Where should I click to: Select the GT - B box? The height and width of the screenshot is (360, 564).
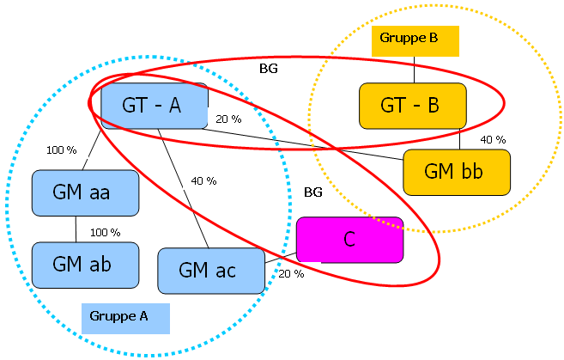pyautogui.click(x=412, y=106)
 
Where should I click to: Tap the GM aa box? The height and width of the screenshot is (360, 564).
pyautogui.click(x=85, y=192)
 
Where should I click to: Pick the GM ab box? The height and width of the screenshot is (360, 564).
pyautogui.click(x=85, y=264)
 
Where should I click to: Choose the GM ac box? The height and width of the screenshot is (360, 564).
pyautogui.click(x=211, y=271)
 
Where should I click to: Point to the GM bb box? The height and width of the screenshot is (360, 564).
pyautogui.click(x=456, y=171)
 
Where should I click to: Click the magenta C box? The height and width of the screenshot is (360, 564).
pyautogui.click(x=349, y=239)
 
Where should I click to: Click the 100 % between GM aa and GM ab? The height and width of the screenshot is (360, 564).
pyautogui.click(x=105, y=232)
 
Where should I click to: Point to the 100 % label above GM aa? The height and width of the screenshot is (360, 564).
pyautogui.click(x=61, y=150)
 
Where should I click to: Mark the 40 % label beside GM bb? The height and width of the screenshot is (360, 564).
pyautogui.click(x=493, y=139)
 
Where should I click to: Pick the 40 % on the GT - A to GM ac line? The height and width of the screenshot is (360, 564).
pyautogui.click(x=203, y=180)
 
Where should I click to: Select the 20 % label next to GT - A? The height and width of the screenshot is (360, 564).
pyautogui.click(x=228, y=119)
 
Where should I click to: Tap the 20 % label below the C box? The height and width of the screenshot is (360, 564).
pyautogui.click(x=291, y=274)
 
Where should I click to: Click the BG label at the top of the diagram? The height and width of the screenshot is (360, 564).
pyautogui.click(x=269, y=65)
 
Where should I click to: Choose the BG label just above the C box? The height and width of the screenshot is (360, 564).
pyautogui.click(x=313, y=193)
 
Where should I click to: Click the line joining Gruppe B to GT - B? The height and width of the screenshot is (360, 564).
pyautogui.click(x=415, y=69)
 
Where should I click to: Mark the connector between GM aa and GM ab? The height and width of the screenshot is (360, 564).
pyautogui.click(x=76, y=229)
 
